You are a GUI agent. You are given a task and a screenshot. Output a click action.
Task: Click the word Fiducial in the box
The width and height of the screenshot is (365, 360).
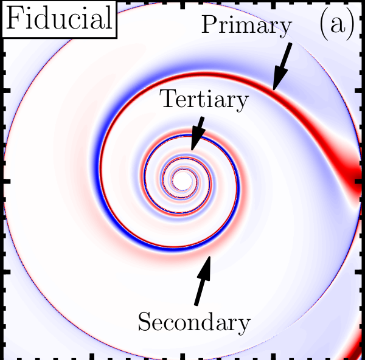coord(60,18)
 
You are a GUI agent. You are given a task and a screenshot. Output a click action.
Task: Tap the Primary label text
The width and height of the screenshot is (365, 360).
coord(247,26)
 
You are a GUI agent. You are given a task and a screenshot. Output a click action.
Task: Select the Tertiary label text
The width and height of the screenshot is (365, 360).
coord(204,100)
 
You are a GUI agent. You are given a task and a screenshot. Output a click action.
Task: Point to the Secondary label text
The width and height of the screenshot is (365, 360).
coord(194,323)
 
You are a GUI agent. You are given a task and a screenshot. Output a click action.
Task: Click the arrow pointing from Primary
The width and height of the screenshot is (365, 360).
coord(282,66)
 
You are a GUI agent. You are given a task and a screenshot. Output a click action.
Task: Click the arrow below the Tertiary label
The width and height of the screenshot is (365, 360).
coord(198,133)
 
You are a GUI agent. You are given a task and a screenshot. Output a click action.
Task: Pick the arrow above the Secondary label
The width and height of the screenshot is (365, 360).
coord(203,280)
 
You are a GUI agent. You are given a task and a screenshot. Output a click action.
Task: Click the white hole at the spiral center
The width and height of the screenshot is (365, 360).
coord(182,181)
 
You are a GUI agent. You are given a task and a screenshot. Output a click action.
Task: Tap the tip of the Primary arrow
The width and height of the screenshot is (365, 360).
coord(274,90)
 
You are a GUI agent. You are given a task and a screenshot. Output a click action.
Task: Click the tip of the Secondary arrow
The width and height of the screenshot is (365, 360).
coord(209,257)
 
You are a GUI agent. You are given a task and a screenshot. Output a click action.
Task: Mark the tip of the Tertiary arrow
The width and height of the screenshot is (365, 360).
coord(192,150)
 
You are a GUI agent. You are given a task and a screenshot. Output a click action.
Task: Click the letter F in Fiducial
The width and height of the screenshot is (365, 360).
coord(14,18)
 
